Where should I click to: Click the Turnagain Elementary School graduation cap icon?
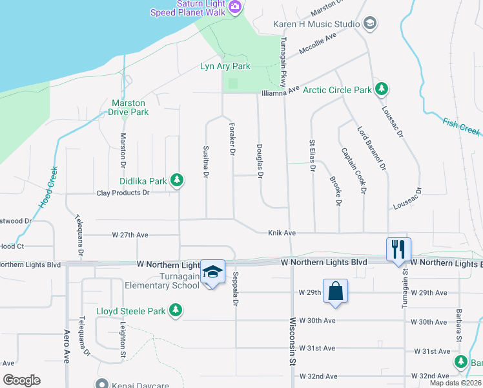pyautogui.click(x=212, y=271)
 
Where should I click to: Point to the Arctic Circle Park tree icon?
pyautogui.click(x=382, y=89)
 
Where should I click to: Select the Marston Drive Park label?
pyautogui.click(x=130, y=107)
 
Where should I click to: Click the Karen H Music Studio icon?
pyautogui.click(x=370, y=25)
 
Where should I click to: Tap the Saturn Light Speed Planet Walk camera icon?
pyautogui.click(x=235, y=7)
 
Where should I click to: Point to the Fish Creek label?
pyautogui.click(x=462, y=126)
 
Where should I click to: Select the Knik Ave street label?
pyautogui.click(x=282, y=233)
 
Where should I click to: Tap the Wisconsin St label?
pyautogui.click(x=293, y=339)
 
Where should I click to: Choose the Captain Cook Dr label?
pyautogui.click(x=354, y=170)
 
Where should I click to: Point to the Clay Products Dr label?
pyautogui.click(x=123, y=193)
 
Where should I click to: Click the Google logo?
pyautogui.click(x=21, y=380)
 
